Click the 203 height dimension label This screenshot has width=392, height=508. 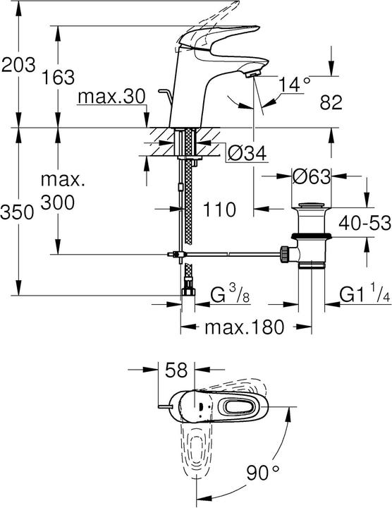pyautogui.click(x=18, y=66)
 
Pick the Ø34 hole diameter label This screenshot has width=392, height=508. pyautogui.click(x=246, y=150)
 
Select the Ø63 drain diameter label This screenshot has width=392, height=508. pyautogui.click(x=310, y=176)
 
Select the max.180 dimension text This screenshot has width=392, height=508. pyautogui.click(x=244, y=327)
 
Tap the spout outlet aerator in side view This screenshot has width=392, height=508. pyautogui.click(x=254, y=72)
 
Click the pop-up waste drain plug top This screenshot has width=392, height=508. pyautogui.click(x=310, y=207)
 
